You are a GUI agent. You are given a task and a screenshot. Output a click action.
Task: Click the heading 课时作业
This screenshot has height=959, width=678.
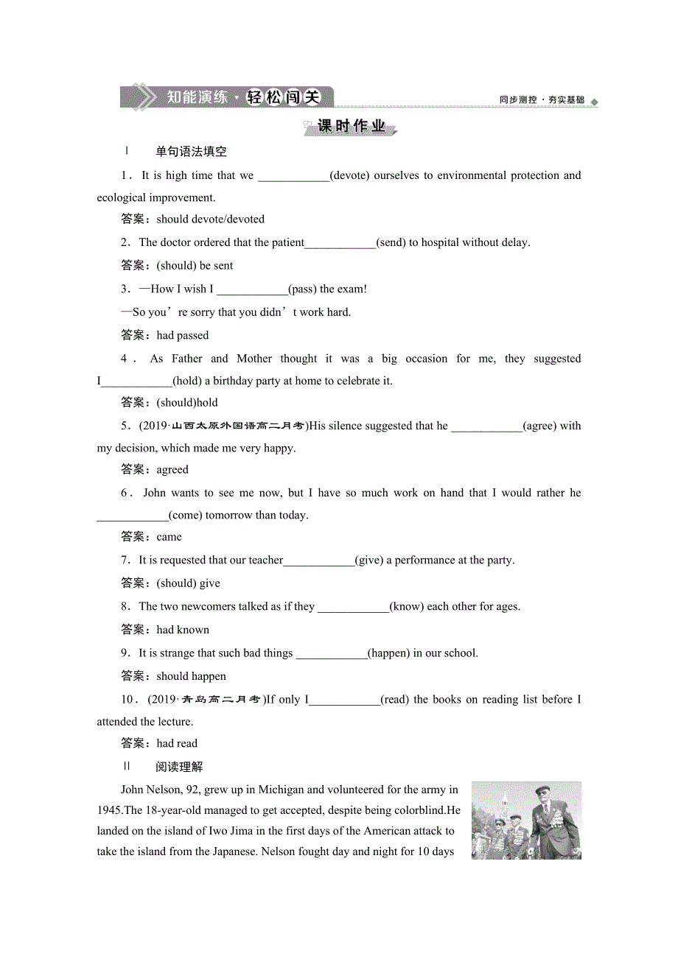coord(352,127)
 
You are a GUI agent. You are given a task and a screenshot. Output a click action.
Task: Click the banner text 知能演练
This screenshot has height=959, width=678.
coord(197,97)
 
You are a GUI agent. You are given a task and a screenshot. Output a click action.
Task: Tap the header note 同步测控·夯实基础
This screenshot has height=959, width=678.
coord(542,100)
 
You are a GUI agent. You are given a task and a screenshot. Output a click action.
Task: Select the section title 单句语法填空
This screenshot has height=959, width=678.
coord(191,152)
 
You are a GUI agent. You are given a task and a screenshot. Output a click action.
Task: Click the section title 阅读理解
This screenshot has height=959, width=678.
coord(179,767)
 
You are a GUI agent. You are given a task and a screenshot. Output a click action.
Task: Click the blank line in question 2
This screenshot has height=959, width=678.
coord(340,243)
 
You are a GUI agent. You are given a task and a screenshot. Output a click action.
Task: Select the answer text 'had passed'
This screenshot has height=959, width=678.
coord(183,335)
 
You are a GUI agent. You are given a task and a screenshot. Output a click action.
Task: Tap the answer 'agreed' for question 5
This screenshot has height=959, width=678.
coord(172,469)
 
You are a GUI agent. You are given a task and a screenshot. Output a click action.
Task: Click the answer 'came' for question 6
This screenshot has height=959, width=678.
coord(169,537)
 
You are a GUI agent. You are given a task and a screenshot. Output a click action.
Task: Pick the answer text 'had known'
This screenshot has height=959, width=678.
coord(183,630)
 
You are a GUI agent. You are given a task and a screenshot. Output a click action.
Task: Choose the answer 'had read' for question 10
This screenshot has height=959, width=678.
coord(177,743)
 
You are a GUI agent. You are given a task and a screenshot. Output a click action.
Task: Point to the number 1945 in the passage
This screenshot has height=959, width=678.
coord(110,810)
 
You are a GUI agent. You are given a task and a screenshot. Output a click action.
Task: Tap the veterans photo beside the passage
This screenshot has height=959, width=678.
coord(526,820)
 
